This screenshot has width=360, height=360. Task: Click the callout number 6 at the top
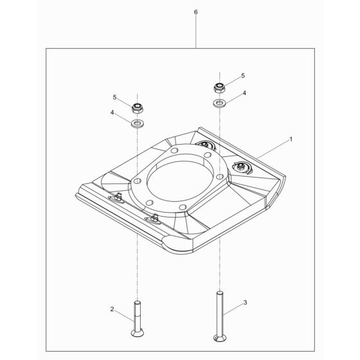click(x=195, y=12)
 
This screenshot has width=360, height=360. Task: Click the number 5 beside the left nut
click(x=116, y=98)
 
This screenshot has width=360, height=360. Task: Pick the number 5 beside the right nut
click(x=242, y=76)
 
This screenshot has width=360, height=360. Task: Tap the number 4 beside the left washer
click(x=113, y=113)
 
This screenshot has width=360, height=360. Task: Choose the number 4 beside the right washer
click(x=244, y=93)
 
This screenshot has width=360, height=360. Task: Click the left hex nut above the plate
click(x=136, y=107)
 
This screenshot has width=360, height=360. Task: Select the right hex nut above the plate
click(x=219, y=87)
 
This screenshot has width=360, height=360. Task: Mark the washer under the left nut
click(x=136, y=122)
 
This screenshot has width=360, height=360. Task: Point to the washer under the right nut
click(x=219, y=103)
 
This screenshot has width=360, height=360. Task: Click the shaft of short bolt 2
click(x=136, y=312)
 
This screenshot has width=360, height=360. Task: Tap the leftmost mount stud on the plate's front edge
click(x=120, y=195)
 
